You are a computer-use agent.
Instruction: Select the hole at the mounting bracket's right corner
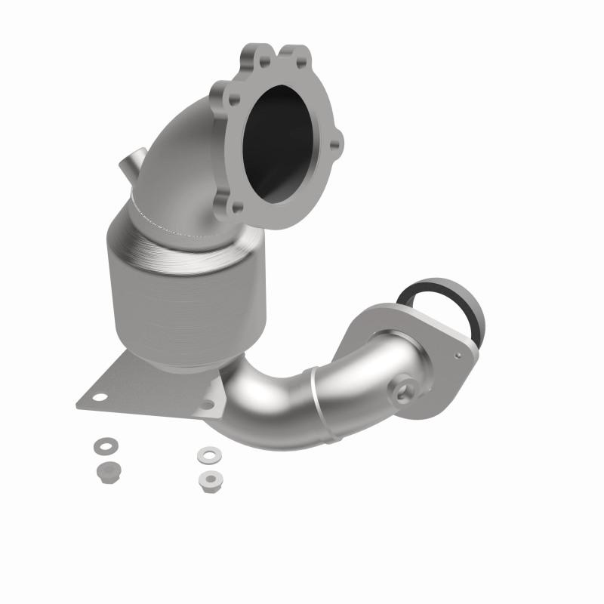(206, 405)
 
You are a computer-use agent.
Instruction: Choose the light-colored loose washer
(206, 455)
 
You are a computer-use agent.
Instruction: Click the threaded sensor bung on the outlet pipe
(400, 389)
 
